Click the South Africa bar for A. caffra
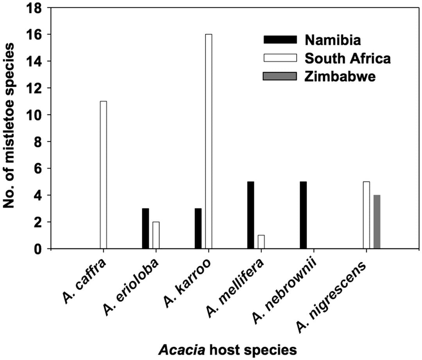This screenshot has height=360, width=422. pyautogui.click(x=103, y=175)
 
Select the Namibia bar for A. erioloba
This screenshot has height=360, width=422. pyautogui.click(x=145, y=228)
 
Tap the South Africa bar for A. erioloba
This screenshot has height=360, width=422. pyautogui.click(x=156, y=235)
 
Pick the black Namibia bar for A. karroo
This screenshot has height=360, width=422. pyautogui.click(x=198, y=228)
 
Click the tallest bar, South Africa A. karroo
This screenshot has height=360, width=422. pyautogui.click(x=208, y=141)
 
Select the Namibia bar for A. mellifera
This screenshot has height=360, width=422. pyautogui.click(x=250, y=215)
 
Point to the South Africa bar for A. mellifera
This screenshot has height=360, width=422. pyautogui.click(x=261, y=242)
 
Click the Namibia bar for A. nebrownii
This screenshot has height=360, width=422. pyautogui.click(x=303, y=215)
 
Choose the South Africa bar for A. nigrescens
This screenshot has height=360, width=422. pyautogui.click(x=366, y=215)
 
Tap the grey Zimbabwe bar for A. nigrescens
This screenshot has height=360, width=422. pyautogui.click(x=377, y=222)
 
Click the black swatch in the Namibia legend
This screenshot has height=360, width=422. pyautogui.click(x=280, y=39)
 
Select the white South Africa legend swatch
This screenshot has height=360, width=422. pyautogui.click(x=280, y=58)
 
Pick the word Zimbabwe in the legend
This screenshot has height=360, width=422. pyautogui.click(x=340, y=76)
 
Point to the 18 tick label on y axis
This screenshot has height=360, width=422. pyautogui.click(x=34, y=8)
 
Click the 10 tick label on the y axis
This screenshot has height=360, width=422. pyautogui.click(x=34, y=115)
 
